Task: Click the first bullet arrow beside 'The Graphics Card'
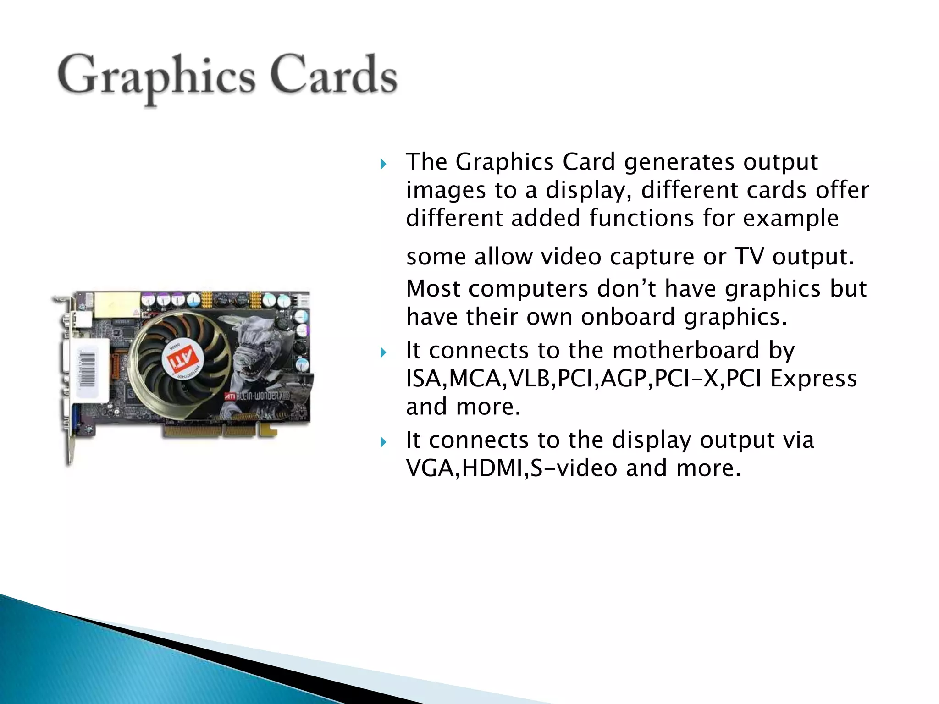tap(384, 164)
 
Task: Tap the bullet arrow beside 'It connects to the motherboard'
tap(384, 352)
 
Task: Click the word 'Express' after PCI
tap(813, 379)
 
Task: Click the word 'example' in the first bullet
tap(791, 218)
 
